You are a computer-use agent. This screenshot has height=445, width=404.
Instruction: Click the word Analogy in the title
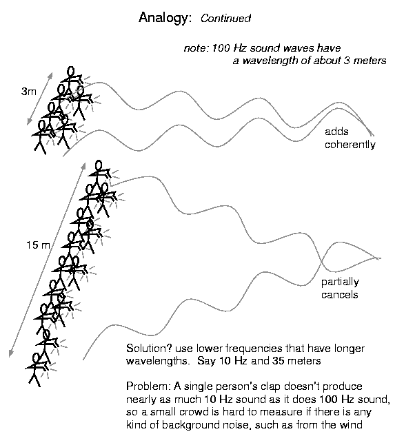point(163,18)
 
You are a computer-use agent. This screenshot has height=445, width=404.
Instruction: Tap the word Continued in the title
point(226,19)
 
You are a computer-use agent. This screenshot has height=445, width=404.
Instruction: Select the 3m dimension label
point(29,92)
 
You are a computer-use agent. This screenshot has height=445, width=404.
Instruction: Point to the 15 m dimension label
point(38,245)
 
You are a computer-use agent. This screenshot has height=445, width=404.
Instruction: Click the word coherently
point(350,145)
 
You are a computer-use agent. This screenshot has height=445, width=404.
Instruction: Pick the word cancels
point(339,295)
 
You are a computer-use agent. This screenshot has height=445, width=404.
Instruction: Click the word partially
point(340,282)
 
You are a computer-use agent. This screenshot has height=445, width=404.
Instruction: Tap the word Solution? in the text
point(149,349)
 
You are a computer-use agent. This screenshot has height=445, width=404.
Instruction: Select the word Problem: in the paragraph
point(149,386)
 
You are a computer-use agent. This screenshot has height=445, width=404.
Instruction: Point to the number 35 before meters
point(279,361)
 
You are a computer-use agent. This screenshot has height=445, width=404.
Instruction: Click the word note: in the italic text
point(196,48)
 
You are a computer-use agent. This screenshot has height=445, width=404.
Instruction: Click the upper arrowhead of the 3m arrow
point(51,74)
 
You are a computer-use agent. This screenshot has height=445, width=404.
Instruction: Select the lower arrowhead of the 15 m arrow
point(10,354)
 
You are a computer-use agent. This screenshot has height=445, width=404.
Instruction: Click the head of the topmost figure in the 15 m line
point(99,165)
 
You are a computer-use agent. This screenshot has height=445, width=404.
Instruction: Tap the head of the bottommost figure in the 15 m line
point(36,358)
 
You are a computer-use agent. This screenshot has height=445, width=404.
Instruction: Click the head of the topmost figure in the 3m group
point(71,71)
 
